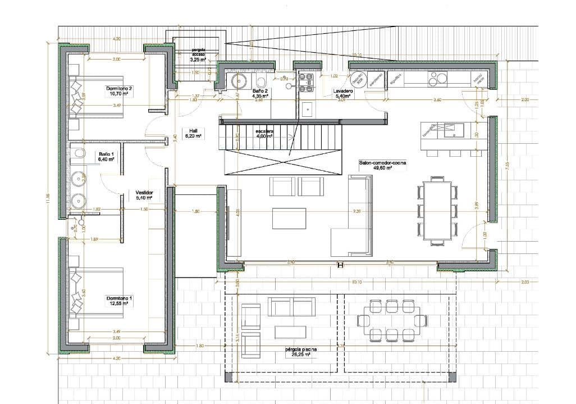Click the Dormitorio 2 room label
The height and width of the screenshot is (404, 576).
tap(118, 92)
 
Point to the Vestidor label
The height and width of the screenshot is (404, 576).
tap(144, 194)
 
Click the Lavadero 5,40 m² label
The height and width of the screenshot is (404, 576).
tap(342, 93)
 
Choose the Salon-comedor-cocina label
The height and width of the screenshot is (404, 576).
tap(382, 165)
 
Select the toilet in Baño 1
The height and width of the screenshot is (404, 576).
tap(78, 153)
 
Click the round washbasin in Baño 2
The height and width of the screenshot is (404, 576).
tap(242, 81)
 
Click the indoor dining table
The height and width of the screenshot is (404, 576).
tap(438, 208)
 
